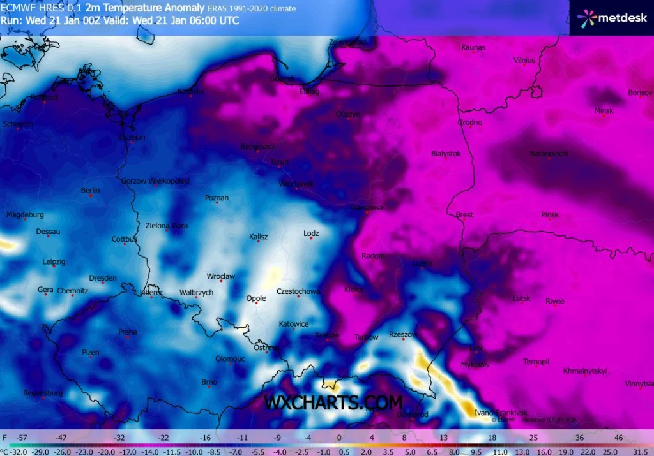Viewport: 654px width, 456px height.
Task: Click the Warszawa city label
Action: click(367, 208)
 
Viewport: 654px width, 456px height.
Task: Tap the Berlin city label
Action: click(90, 190)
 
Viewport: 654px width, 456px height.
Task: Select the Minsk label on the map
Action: click(604, 110)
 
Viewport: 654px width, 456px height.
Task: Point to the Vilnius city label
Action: click(524, 60)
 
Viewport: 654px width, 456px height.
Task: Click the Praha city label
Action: click(128, 332)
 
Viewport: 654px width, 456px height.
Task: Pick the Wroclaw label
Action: click(221, 276)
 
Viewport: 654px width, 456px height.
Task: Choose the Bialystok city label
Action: click(446, 154)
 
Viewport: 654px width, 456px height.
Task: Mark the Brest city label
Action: click(464, 215)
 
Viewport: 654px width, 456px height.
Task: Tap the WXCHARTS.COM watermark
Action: click(333, 403)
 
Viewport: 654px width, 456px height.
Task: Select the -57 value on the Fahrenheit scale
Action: click(22, 438)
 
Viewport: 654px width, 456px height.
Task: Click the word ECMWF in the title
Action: click(15, 8)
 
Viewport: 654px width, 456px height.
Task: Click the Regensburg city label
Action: click(43, 393)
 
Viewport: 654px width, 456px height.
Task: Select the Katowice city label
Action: click(294, 324)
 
